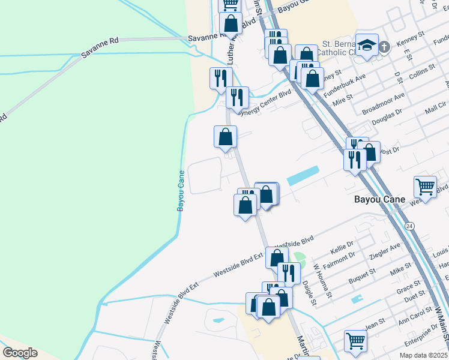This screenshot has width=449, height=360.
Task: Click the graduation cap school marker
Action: [x=367, y=44]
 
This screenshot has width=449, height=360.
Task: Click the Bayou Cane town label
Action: [x=379, y=199]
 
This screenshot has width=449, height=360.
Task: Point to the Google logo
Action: [x=20, y=353]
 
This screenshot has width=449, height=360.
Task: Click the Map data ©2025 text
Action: [x=423, y=355]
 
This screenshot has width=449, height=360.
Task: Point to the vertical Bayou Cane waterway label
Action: [x=180, y=190]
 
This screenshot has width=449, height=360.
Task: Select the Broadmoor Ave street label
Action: [x=383, y=104]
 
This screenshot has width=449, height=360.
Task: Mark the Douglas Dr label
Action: [x=387, y=121]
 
